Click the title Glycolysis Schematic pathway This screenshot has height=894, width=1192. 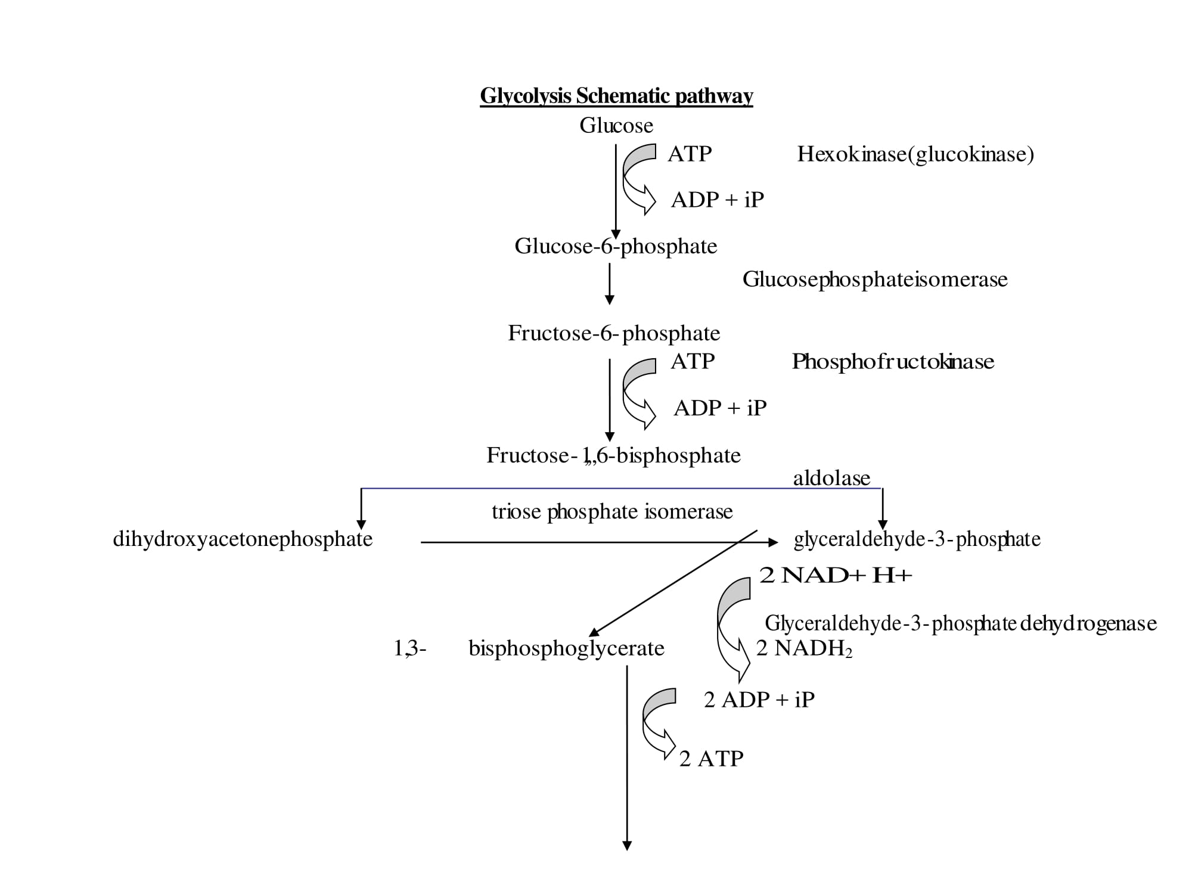(616, 96)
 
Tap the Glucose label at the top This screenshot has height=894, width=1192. (616, 125)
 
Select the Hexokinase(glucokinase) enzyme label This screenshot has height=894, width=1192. (915, 154)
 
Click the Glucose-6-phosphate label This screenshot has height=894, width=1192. (616, 246)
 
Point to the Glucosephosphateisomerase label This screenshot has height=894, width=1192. (875, 280)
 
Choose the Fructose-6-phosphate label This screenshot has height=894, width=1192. (614, 333)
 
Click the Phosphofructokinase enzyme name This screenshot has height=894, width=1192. (893, 362)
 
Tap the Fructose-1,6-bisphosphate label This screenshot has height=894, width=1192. (613, 455)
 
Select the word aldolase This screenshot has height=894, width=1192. (831, 478)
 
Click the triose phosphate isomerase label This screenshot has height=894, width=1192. (612, 511)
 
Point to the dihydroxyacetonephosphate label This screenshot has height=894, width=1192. (243, 539)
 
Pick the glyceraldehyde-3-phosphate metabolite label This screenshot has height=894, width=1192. (917, 539)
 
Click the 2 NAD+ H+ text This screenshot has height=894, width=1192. (836, 575)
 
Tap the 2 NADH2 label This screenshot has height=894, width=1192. (804, 648)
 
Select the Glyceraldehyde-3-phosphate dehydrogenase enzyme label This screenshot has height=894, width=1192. (960, 623)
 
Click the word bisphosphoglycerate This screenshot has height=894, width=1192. (566, 648)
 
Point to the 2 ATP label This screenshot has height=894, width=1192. (711, 759)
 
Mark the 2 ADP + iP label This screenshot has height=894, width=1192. (759, 700)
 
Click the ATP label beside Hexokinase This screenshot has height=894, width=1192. (690, 154)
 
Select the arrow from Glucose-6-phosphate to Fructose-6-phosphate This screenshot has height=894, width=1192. (609, 284)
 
